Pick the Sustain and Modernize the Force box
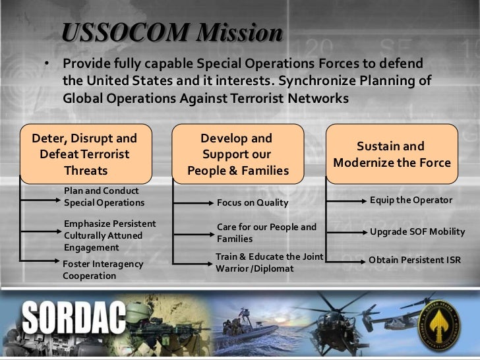pos(392,154)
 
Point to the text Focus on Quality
pos(253,202)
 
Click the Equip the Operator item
pos(411,199)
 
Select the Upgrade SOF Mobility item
pos(417,232)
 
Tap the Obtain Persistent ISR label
pos(414,260)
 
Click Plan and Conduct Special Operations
pos(104,196)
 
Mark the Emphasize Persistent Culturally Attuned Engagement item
pos(109,235)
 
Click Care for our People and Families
pos(266,233)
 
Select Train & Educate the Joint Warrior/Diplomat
pos(268,262)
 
